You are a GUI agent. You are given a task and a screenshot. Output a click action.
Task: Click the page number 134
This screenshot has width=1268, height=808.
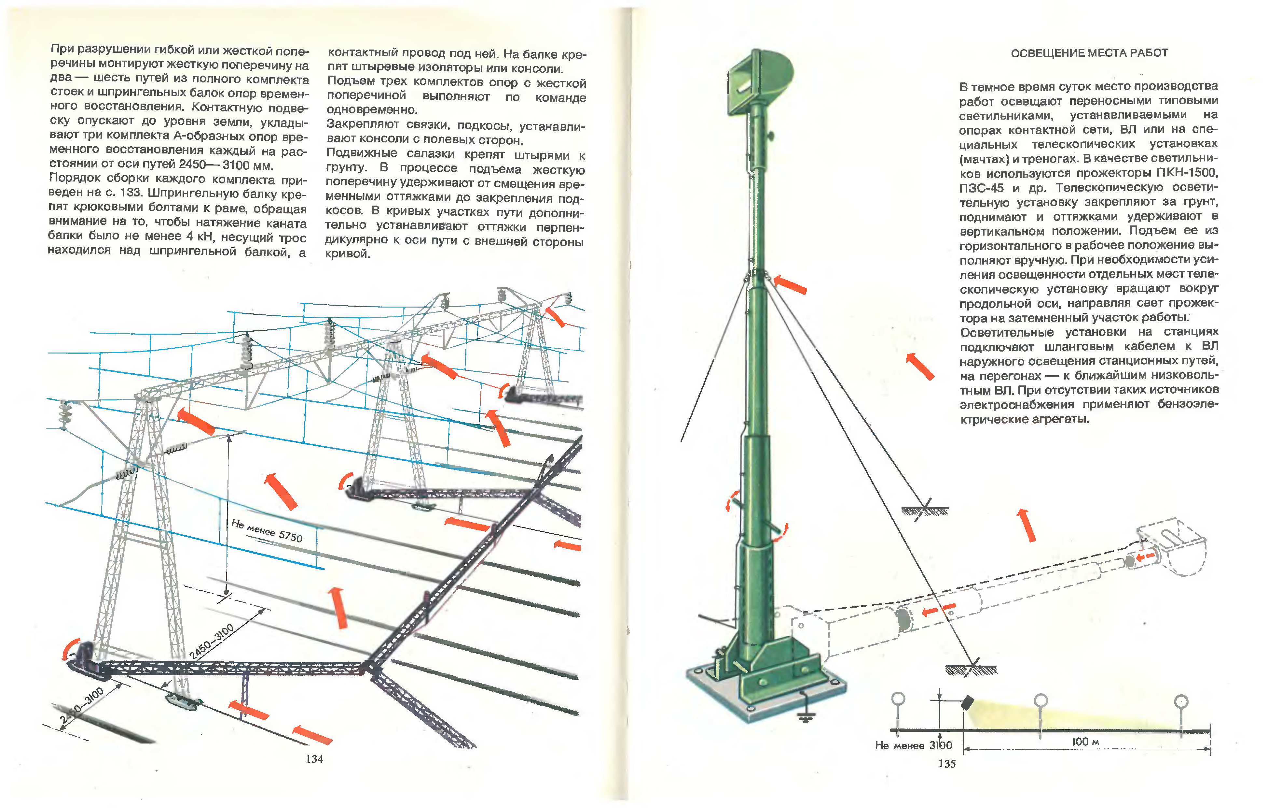click(x=314, y=759)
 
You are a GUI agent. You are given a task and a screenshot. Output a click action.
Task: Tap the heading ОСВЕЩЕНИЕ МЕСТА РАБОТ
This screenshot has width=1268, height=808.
click(x=1089, y=53)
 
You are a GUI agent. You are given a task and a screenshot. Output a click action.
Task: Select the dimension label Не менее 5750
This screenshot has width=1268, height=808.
click(x=267, y=530)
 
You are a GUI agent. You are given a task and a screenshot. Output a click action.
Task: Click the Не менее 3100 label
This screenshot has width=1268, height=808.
click(x=913, y=745)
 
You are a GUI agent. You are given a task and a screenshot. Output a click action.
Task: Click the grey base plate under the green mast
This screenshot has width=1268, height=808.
click(x=764, y=696)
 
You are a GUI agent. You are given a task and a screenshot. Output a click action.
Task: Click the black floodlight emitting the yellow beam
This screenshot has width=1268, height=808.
click(x=967, y=702)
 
